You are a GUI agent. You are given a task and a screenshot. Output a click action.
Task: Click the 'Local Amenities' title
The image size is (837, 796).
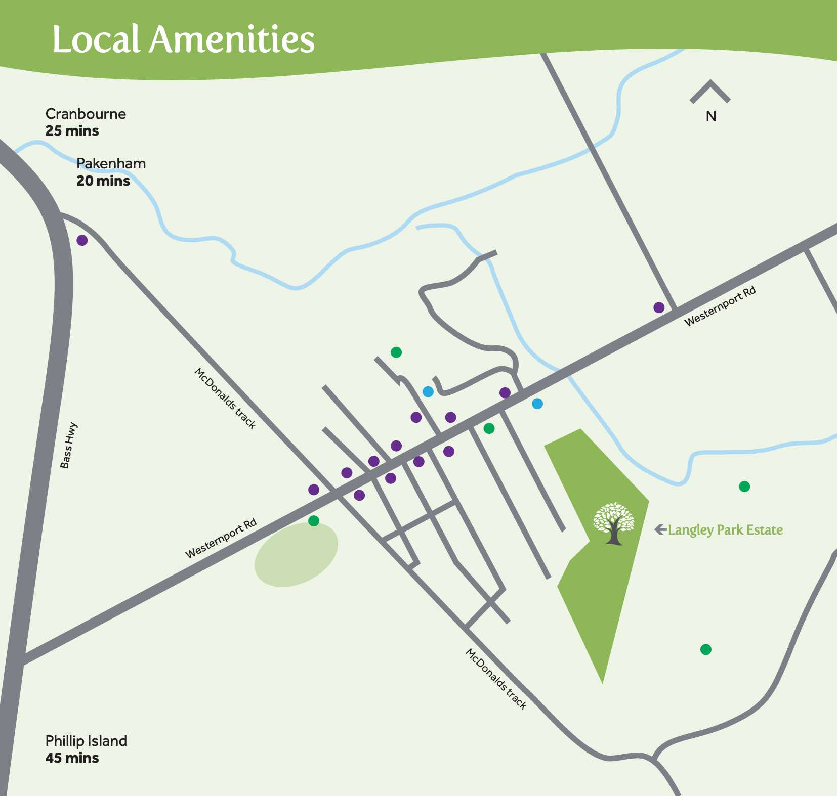pyautogui.click(x=183, y=39)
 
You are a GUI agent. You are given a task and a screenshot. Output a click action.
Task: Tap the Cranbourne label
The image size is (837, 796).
pyautogui.click(x=86, y=114)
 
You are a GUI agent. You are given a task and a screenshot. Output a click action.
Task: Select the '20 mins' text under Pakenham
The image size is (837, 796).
pyautogui.click(x=103, y=181)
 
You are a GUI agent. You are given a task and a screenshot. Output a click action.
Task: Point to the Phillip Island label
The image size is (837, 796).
pyautogui.click(x=86, y=741)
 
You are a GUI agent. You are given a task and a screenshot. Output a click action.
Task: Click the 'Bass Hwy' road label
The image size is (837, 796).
pyautogui.click(x=68, y=446)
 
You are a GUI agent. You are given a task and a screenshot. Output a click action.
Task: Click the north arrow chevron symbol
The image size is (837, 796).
pyautogui.click(x=710, y=92)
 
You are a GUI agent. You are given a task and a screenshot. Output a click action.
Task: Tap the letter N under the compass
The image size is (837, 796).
pyautogui.click(x=711, y=117)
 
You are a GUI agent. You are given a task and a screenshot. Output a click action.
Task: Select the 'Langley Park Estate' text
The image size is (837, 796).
pyautogui.click(x=725, y=530)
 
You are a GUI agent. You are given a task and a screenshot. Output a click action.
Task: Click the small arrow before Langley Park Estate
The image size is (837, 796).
pyautogui.click(x=660, y=529)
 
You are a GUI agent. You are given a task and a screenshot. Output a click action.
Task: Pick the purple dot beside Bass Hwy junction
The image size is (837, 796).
pyautogui.click(x=82, y=240)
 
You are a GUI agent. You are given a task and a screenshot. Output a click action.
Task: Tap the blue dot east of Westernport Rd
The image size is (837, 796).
pyautogui.click(x=537, y=404)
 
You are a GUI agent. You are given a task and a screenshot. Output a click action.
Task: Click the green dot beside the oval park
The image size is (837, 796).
pyautogui.click(x=314, y=520)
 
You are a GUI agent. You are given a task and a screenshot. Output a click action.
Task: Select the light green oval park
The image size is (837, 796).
pyautogui.click(x=296, y=555)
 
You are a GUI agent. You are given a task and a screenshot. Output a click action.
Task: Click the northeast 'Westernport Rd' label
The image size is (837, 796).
pyautogui.click(x=720, y=306)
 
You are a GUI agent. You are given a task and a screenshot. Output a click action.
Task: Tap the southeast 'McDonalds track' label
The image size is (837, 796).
pyautogui.click(x=496, y=679)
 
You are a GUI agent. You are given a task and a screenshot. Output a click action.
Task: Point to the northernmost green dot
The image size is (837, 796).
pyautogui.click(x=396, y=352)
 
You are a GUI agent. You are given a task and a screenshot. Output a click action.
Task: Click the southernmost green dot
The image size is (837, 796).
pyautogui.click(x=706, y=649)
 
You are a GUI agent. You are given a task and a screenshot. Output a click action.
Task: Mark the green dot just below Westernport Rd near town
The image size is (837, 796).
pyautogui.click(x=489, y=428)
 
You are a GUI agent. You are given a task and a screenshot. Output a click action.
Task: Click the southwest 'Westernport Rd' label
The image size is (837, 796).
pyautogui.click(x=221, y=539)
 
